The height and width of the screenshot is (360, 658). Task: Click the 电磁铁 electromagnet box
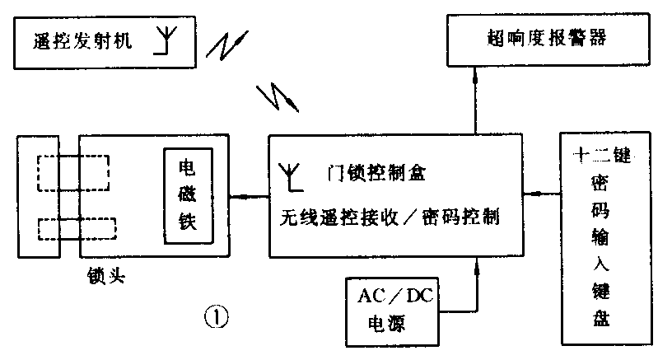click(x=188, y=196)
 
